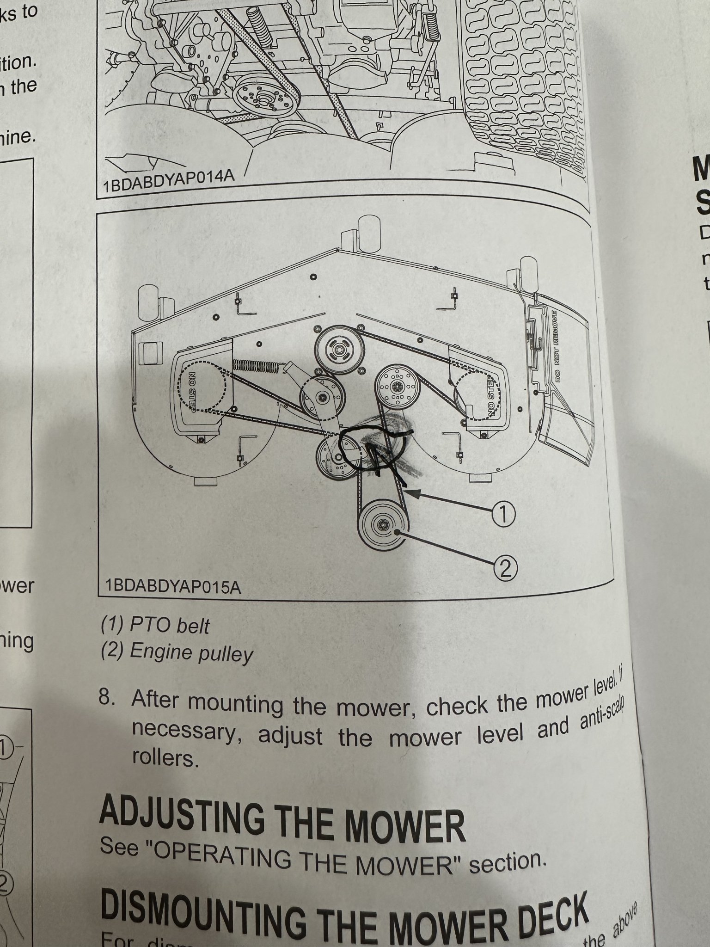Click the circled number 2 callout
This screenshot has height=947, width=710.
coord(505,568)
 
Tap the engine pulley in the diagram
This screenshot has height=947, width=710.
coord(383,526)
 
